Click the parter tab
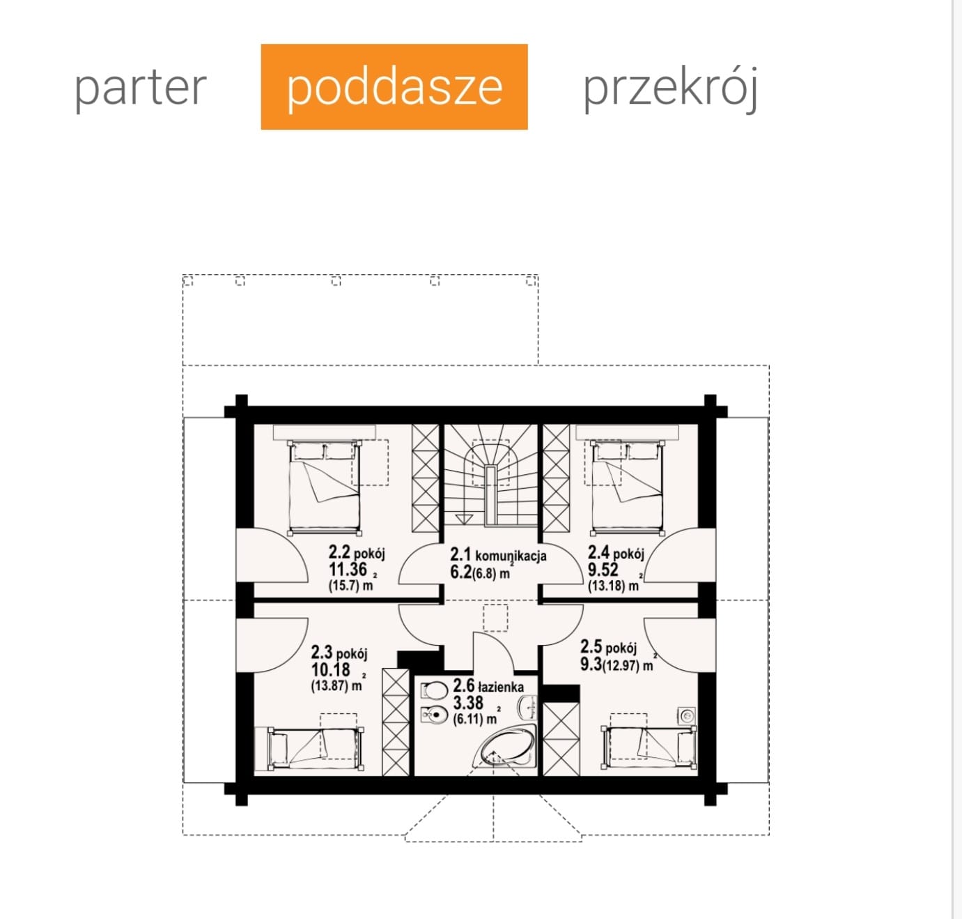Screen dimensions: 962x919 coord(141,89)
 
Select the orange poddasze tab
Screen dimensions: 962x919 coord(394,86)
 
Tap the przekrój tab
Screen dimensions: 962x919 coord(670,89)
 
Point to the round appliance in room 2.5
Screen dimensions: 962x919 coord(687,715)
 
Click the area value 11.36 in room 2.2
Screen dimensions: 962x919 coord(348,569)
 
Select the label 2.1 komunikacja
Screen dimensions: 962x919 coord(498,555)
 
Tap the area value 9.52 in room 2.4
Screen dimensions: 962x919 coord(603,569)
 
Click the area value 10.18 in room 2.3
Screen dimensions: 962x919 coord(330,669)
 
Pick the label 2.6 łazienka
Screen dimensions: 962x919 coord(488,685)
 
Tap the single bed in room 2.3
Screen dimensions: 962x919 coord(316,747)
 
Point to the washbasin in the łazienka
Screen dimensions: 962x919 coord(527,708)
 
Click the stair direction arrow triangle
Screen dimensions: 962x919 coord(463,519)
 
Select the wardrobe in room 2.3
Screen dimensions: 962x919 coord(396,722)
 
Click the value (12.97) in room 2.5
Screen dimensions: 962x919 coord(621,666)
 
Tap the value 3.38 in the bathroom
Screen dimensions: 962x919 coord(468,703)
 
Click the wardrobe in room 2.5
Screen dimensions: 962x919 coord(561,739)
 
